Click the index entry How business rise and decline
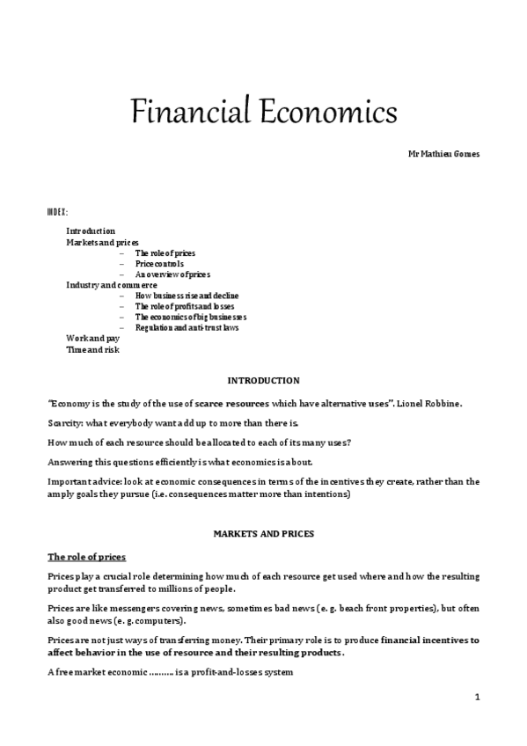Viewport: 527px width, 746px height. pyautogui.click(x=187, y=296)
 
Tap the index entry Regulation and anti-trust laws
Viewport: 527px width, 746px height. pyautogui.click(x=187, y=327)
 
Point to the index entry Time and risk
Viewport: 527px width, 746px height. pyautogui.click(x=92, y=349)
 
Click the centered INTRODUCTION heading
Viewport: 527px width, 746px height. pyautogui.click(x=263, y=380)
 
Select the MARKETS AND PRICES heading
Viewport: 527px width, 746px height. pyautogui.click(x=263, y=533)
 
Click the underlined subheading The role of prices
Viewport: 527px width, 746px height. pyautogui.click(x=86, y=556)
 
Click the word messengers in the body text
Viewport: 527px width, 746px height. pyautogui.click(x=125, y=609)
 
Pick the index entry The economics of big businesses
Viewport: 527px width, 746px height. pyautogui.click(x=190, y=317)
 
